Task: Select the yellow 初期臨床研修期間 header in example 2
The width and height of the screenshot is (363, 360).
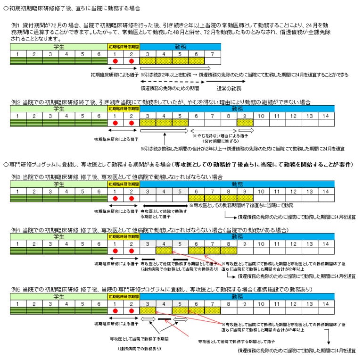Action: (x=124, y=109)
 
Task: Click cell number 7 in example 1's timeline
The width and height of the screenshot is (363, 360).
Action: (x=213, y=54)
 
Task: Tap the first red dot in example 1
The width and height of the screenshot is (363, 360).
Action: (x=115, y=61)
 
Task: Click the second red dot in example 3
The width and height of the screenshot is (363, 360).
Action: (x=132, y=199)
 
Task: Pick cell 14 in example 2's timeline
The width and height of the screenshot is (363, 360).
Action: (x=326, y=116)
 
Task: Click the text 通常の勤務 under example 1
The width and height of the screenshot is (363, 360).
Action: (x=229, y=88)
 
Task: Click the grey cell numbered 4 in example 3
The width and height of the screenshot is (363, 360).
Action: (x=164, y=192)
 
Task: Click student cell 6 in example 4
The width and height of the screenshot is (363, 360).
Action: (x=99, y=244)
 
